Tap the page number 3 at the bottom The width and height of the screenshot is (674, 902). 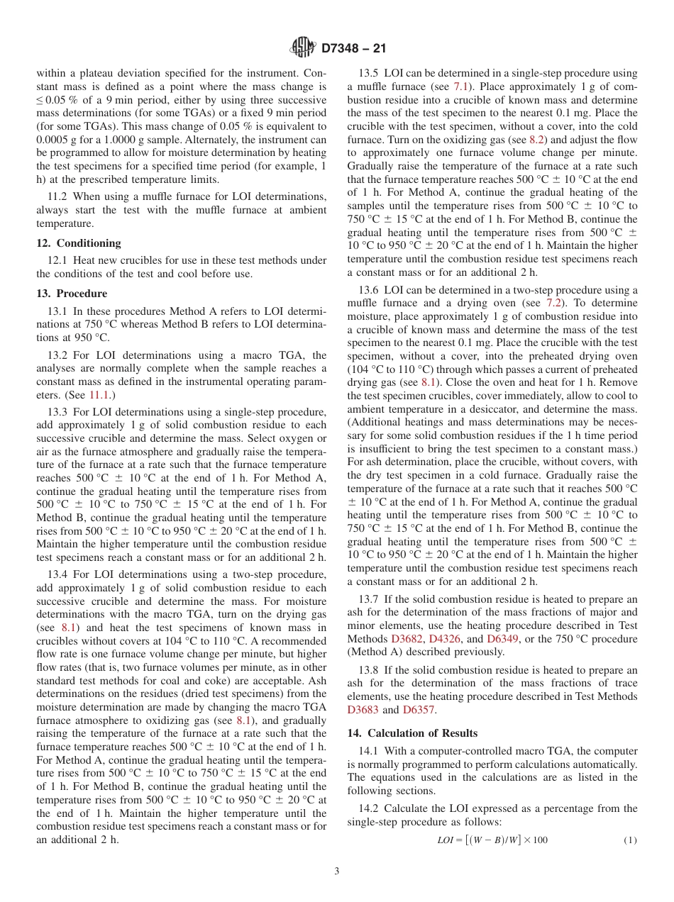pyautogui.click(x=337, y=871)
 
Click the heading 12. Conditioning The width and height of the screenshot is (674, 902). pyautogui.click(x=79, y=243)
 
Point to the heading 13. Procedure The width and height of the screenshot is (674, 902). pyautogui.click(x=72, y=294)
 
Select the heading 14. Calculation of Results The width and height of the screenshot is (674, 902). pyautogui.click(x=412, y=733)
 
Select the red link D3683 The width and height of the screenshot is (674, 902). pyautogui.click(x=363, y=709)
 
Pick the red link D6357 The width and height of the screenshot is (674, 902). pyautogui.click(x=418, y=709)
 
